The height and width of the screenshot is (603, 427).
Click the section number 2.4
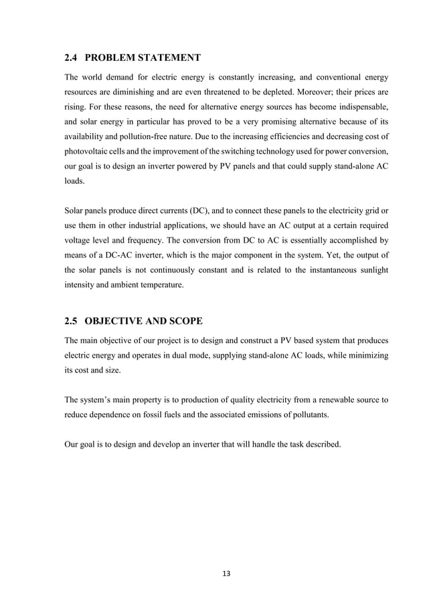coord(72,56)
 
